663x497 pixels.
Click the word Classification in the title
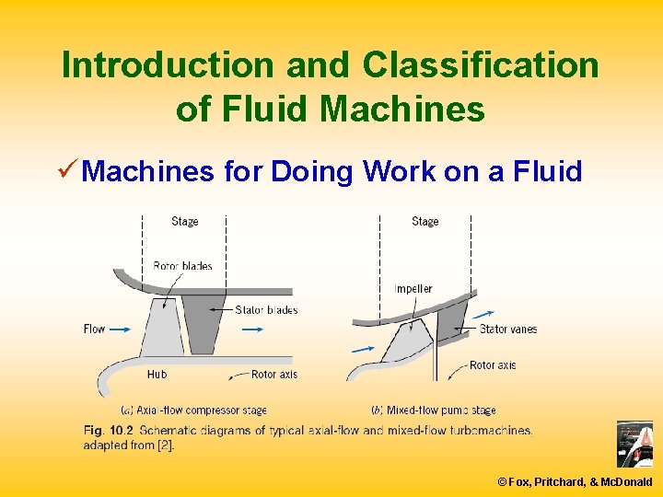(x=480, y=65)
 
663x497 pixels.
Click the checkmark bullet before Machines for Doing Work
(x=66, y=170)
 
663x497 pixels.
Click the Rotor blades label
(x=182, y=266)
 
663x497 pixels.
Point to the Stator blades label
(x=266, y=310)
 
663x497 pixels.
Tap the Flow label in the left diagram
(x=94, y=329)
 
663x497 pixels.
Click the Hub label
(x=157, y=375)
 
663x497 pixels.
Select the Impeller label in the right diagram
(x=413, y=289)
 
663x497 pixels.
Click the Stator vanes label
(x=508, y=329)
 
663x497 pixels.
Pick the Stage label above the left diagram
(x=185, y=221)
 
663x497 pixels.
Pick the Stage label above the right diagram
(x=425, y=221)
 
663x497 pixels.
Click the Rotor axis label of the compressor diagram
(x=274, y=375)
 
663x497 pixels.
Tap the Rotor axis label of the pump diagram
(x=493, y=365)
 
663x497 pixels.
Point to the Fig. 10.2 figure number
(x=109, y=431)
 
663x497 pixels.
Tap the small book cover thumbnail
(x=634, y=445)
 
